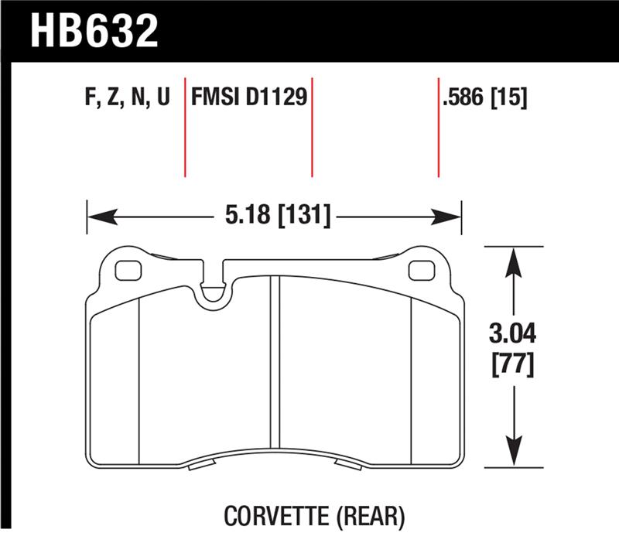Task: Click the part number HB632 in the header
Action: tap(94, 32)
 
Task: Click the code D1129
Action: tap(276, 98)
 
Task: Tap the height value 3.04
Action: tap(510, 335)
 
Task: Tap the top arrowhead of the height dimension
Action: tap(510, 258)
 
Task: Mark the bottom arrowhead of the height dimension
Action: tap(510, 456)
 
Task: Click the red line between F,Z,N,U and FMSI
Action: tap(185, 127)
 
